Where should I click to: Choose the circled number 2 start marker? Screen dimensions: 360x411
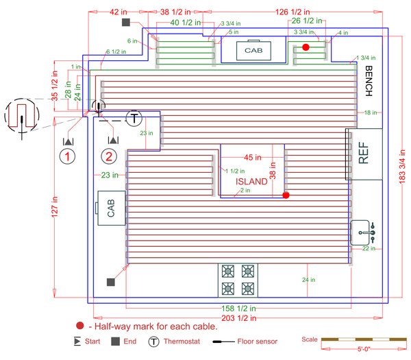coord(112,157)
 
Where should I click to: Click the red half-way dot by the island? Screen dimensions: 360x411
coord(286,195)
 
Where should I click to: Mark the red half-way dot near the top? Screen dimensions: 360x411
coord(306,47)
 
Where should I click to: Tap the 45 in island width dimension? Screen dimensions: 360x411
coord(253,157)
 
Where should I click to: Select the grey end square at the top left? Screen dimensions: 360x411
coord(126,23)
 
